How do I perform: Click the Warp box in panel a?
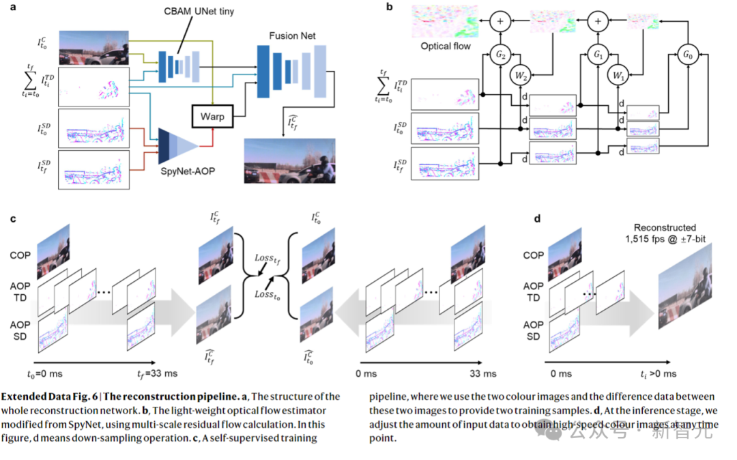click(213, 116)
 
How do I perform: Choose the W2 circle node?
click(522, 75)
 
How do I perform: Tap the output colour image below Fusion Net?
click(291, 160)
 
